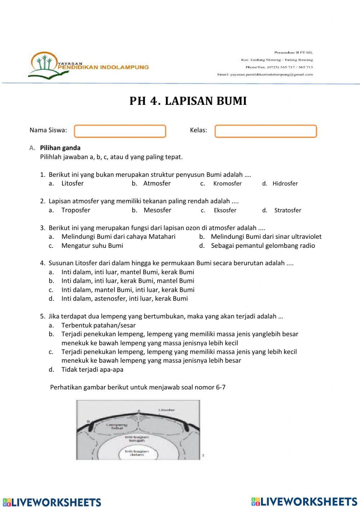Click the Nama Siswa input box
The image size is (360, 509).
coord(120,131)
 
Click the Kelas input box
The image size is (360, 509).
coord(266,131)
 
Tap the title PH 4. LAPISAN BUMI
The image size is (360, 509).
coord(188,101)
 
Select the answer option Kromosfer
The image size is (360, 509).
coord(227,183)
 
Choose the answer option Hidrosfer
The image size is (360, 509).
coord(285,183)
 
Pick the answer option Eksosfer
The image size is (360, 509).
coord(225,210)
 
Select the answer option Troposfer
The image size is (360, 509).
coord(76,210)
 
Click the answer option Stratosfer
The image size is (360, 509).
coord(287,210)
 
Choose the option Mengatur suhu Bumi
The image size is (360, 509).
coord(92,246)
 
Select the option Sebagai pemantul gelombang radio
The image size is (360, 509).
coord(263,246)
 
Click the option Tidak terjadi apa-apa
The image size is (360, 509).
coord(92,369)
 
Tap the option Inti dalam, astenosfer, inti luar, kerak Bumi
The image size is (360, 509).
coord(125,298)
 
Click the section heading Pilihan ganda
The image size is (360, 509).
coord(60,148)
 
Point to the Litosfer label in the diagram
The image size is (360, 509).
coord(167,410)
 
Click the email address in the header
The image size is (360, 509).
coord(265,75)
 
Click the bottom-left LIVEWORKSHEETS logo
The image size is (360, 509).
coord(52,502)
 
